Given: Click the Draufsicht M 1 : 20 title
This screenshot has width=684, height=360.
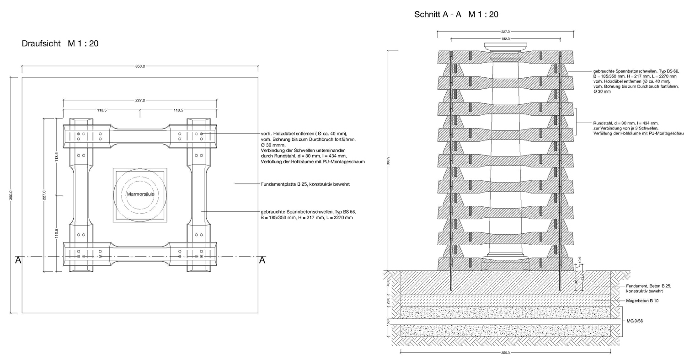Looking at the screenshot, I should click(60, 44).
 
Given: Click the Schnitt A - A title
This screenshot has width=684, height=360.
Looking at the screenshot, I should click(455, 15).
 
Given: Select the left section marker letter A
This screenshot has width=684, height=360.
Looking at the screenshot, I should click(19, 260).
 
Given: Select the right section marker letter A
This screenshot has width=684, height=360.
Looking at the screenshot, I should click(262, 260).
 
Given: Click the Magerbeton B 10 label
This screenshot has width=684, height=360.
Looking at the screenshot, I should click(642, 301).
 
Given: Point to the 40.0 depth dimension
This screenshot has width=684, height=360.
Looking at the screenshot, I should click(388, 282).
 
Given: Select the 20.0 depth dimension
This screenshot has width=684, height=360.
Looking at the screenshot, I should click(388, 302).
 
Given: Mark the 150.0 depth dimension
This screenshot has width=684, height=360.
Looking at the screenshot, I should click(388, 322).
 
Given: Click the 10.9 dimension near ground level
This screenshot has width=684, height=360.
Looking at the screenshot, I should click(580, 261).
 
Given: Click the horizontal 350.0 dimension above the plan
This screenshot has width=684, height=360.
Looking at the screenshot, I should click(140, 66).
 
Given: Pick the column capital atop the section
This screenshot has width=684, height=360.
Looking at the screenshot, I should click(505, 47).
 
